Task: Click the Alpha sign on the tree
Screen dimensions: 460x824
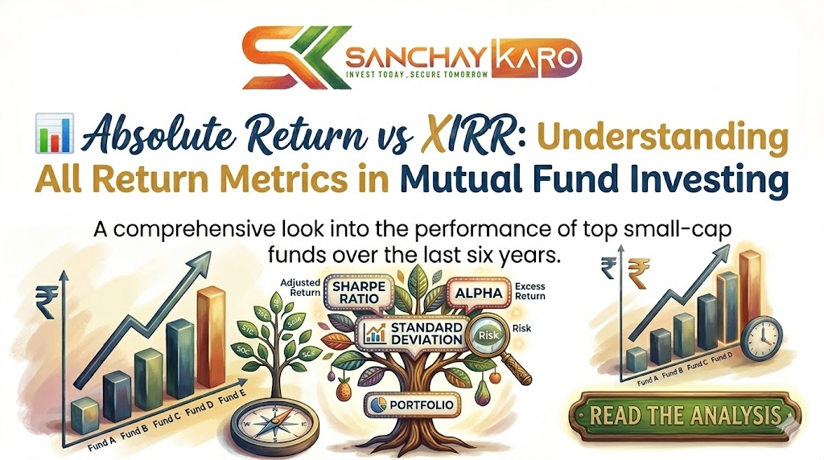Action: [480, 294]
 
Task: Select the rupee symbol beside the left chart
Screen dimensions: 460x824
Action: [46, 302]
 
